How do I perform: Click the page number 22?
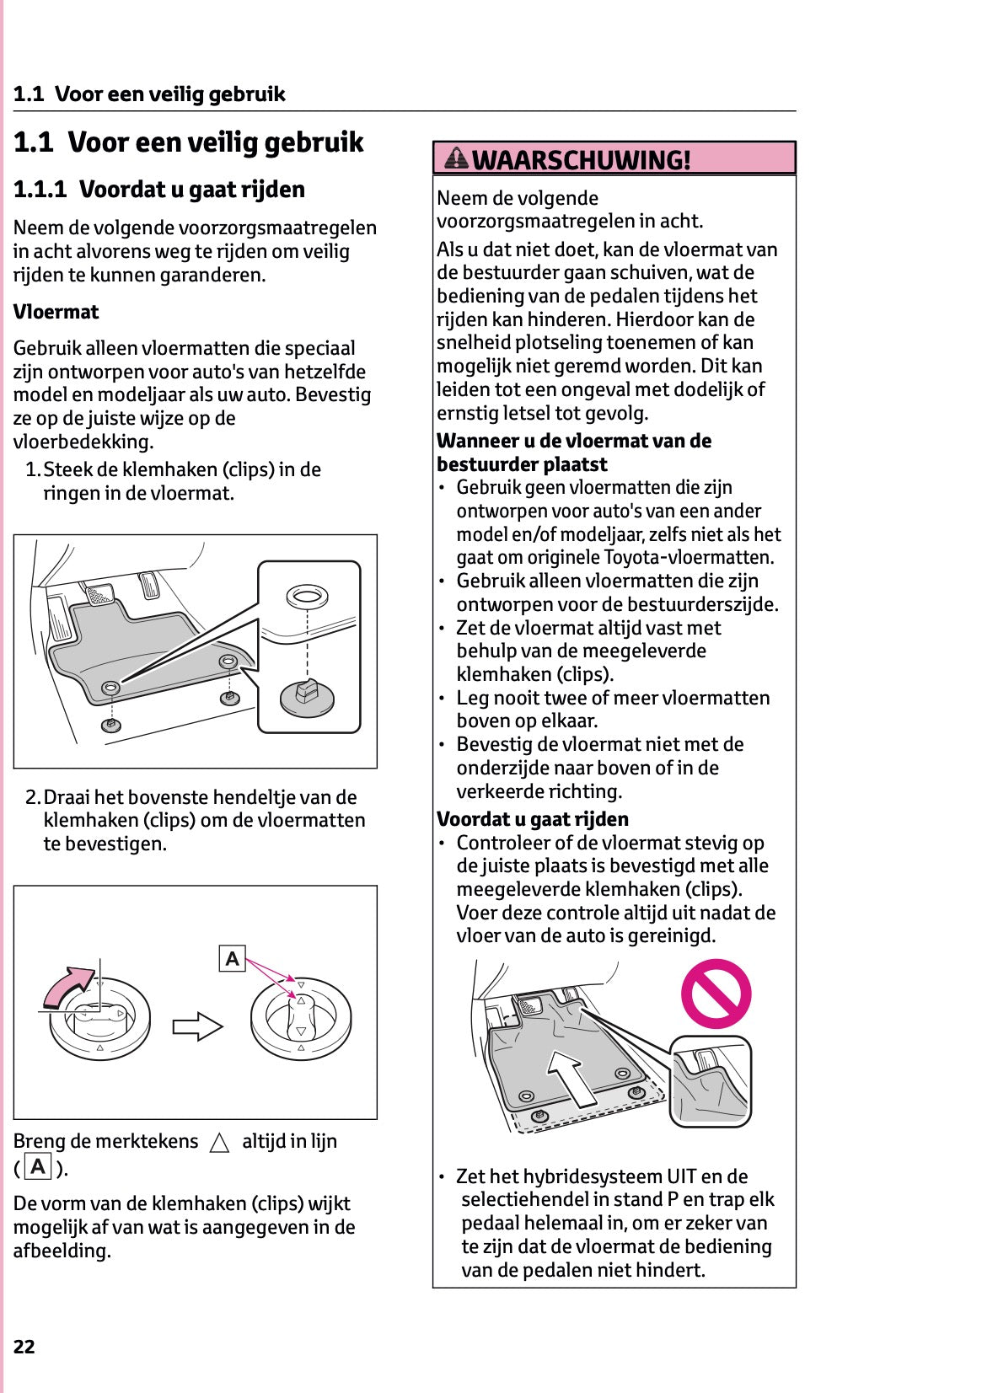[24, 1346]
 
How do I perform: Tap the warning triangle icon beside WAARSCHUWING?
[456, 158]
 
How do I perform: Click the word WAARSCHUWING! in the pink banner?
[581, 159]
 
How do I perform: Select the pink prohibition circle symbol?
[716, 994]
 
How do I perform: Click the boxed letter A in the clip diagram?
[232, 959]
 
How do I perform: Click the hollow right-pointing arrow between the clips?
[197, 1026]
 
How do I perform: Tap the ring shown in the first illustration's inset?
[307, 597]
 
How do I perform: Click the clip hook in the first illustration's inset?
[306, 693]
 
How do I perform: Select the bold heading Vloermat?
[56, 312]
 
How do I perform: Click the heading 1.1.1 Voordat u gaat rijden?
[159, 190]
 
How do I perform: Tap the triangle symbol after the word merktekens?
[219, 1143]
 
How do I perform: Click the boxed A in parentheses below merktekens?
[38, 1167]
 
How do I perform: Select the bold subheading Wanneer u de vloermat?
[573, 441]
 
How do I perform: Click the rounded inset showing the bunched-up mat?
[710, 1081]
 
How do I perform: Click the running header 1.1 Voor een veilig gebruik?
[149, 94]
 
